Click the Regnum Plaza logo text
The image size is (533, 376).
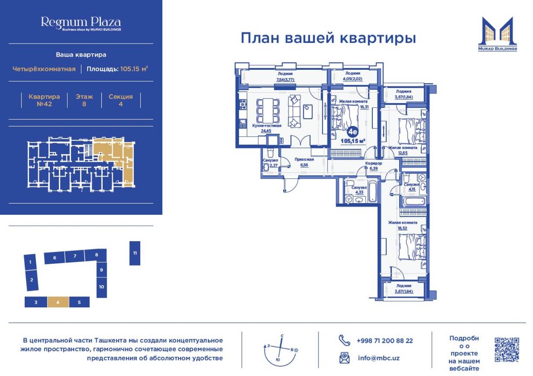click(81, 23)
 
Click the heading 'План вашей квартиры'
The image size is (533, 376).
click(328, 39)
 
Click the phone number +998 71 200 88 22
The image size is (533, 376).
click(384, 341)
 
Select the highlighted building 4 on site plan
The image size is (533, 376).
click(57, 302)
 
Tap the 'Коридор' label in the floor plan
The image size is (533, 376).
click(372, 163)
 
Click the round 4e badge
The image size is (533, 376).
click(353, 131)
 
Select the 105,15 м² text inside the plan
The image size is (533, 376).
click(353, 141)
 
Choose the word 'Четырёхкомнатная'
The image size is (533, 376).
click(44, 69)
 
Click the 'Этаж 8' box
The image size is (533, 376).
click(84, 100)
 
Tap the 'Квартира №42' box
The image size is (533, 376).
click(41, 100)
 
